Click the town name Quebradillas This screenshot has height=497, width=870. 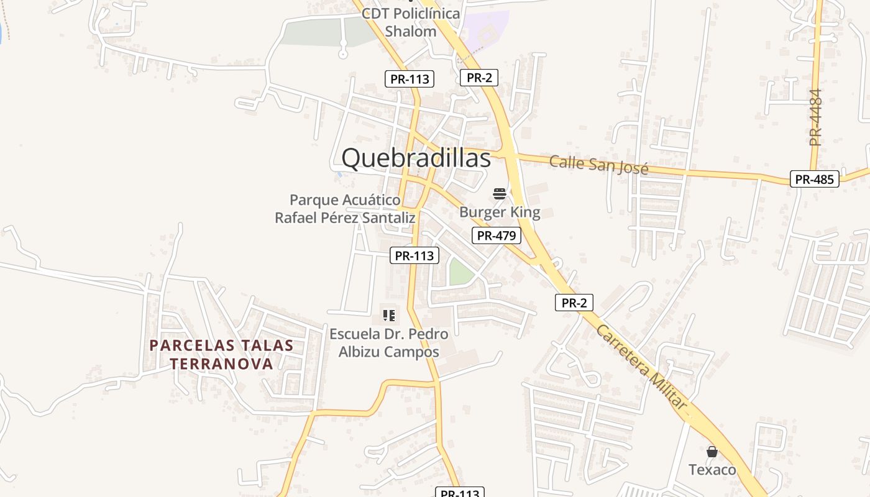click(416, 158)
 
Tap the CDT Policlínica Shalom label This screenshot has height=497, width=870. click(411, 22)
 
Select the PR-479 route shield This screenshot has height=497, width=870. click(496, 235)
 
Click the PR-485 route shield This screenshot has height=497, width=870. click(814, 179)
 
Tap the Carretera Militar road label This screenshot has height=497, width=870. click(642, 367)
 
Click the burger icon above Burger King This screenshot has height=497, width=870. click(500, 194)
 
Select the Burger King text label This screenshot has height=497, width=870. click(500, 212)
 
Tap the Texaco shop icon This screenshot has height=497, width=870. click(712, 452)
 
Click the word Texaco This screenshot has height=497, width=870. click(712, 470)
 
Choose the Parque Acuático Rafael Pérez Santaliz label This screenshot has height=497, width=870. click(345, 209)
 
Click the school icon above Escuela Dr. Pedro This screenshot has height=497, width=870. click(389, 316)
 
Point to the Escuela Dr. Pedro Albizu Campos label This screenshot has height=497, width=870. click(388, 343)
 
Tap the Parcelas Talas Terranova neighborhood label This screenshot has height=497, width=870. click(221, 355)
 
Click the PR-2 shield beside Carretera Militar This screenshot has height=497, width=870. click(574, 303)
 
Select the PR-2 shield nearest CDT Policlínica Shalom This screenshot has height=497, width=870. click(478, 78)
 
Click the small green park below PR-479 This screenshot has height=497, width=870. click(461, 272)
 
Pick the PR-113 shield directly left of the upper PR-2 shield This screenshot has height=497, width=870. click(409, 79)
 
